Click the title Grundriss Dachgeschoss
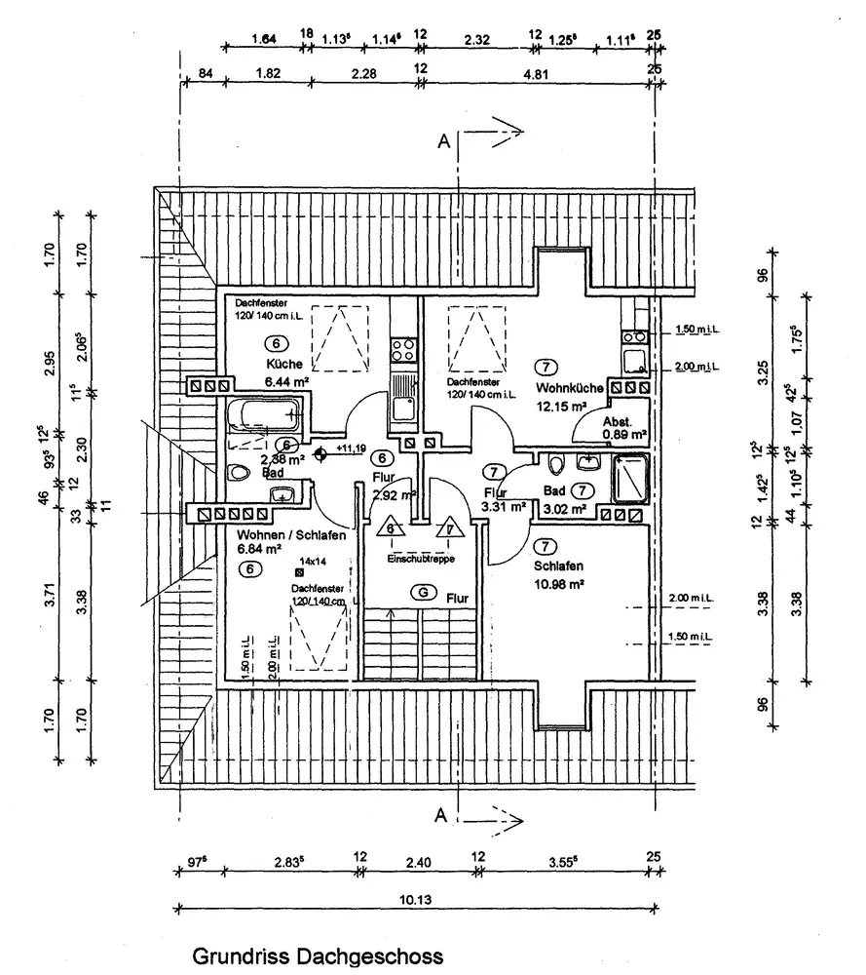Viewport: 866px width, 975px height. [318, 955]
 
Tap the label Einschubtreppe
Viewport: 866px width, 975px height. [421, 559]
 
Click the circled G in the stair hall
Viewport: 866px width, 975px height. [422, 592]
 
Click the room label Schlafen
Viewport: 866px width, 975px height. [558, 566]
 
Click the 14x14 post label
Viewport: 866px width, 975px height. [314, 562]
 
